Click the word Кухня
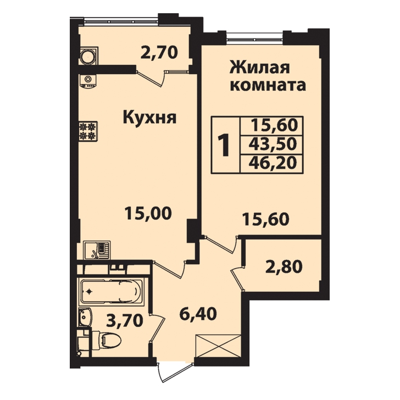click(x=150, y=118)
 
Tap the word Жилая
click(x=260, y=68)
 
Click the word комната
click(x=268, y=85)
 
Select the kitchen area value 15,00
click(x=148, y=214)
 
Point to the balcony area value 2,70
click(x=159, y=53)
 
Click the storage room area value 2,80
click(x=284, y=266)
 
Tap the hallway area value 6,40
click(x=198, y=314)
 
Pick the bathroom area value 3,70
click(x=124, y=321)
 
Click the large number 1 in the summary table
click(x=225, y=146)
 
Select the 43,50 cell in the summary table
click(x=273, y=144)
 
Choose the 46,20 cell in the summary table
click(x=273, y=163)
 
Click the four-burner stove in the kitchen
click(x=88, y=131)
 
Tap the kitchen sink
click(x=97, y=250)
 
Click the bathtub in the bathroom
click(x=111, y=291)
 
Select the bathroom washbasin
click(x=85, y=318)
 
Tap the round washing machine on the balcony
click(x=88, y=56)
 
